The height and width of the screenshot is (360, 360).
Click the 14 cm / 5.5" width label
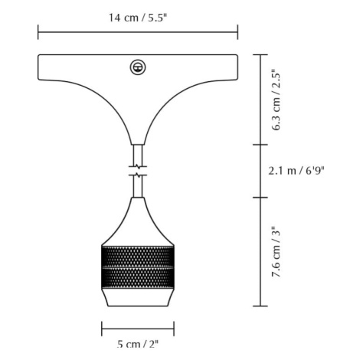click(138, 18)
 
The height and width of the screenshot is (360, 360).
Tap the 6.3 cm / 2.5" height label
click(276, 100)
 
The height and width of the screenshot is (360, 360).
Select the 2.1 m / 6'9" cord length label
click(296, 171)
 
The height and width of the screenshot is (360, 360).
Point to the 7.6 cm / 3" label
click(276, 252)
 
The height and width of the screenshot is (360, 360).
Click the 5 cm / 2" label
click(138, 344)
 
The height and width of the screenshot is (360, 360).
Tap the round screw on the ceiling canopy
click(138, 67)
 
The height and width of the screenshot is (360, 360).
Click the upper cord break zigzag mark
click(138, 167)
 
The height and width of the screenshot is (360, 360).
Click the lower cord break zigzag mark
click(138, 175)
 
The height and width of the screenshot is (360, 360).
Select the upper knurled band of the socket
click(138, 257)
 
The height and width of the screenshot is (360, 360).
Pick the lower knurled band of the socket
click(138, 278)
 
